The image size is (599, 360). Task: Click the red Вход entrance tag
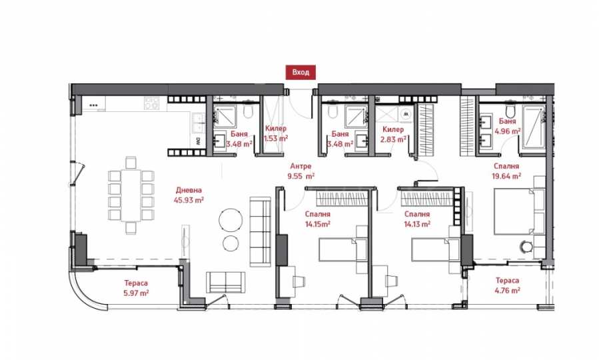300,72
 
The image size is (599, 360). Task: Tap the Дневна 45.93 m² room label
189,195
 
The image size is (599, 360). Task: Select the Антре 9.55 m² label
300,171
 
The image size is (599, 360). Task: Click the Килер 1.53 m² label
276,133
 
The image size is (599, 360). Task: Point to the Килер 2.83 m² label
392,135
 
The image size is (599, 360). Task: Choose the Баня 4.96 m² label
507,126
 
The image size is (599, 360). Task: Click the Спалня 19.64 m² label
506,171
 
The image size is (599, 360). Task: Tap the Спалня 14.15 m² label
317,219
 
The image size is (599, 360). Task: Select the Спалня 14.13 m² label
417,219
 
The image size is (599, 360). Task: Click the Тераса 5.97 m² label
136,288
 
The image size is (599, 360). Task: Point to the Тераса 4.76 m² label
507,285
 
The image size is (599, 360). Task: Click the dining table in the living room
131,195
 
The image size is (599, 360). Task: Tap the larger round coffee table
231,220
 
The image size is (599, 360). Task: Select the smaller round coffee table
231,243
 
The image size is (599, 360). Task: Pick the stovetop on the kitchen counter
151,103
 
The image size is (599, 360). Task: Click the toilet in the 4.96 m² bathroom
510,110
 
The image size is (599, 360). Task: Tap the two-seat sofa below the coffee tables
226,283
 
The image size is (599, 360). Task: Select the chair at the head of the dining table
131,163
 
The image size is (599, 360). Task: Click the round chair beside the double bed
526,247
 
